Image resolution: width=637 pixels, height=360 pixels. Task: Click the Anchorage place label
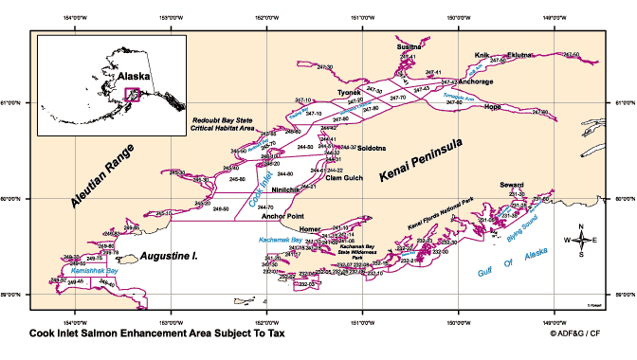475,81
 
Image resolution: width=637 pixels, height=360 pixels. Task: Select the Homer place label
309,230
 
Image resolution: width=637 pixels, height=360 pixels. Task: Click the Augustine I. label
168,257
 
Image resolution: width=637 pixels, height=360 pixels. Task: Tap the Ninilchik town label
286,190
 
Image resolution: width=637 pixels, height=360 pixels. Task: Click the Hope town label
492,107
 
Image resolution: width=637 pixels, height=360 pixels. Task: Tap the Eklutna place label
521,55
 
